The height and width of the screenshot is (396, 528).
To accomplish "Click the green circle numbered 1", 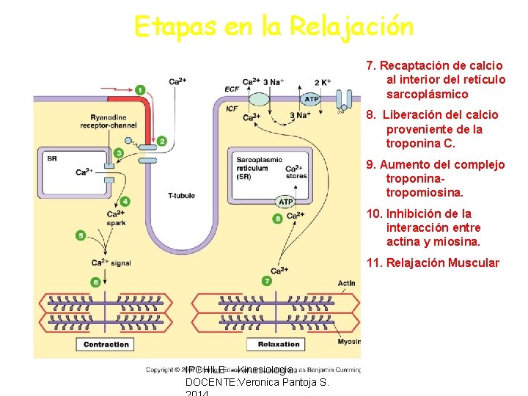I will pos(140,89).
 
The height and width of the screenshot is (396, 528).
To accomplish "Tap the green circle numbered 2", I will pos(161,141).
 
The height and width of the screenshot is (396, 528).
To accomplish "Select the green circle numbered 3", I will pos(119,153).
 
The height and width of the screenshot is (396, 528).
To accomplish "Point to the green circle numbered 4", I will pos(125,201).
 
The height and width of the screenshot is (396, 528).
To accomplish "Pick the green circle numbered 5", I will pos(81,235).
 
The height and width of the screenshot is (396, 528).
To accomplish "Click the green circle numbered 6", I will pos(95,282).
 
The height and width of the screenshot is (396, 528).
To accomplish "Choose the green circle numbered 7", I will pos(267,281).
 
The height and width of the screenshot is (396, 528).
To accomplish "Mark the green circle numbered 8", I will pos(277,218).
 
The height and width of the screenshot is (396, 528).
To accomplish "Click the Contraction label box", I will pos(106,345).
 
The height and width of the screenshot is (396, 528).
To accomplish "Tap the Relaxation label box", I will pos(279,345).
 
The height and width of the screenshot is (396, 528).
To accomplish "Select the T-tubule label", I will pos(181,196).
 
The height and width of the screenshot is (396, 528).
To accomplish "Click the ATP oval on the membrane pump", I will pos(312,99).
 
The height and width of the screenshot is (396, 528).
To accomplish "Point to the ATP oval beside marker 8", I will pos(286,202).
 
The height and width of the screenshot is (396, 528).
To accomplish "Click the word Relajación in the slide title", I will pos(351,26).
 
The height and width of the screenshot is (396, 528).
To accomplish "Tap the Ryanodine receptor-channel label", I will pos(114,121).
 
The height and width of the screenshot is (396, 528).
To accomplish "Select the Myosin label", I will pos(348,340).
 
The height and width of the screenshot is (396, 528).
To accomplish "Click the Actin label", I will pos(347,283).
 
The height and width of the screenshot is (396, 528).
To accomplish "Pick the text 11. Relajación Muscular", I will pos(433,263).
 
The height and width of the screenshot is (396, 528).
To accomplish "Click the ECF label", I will pos(232,90).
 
